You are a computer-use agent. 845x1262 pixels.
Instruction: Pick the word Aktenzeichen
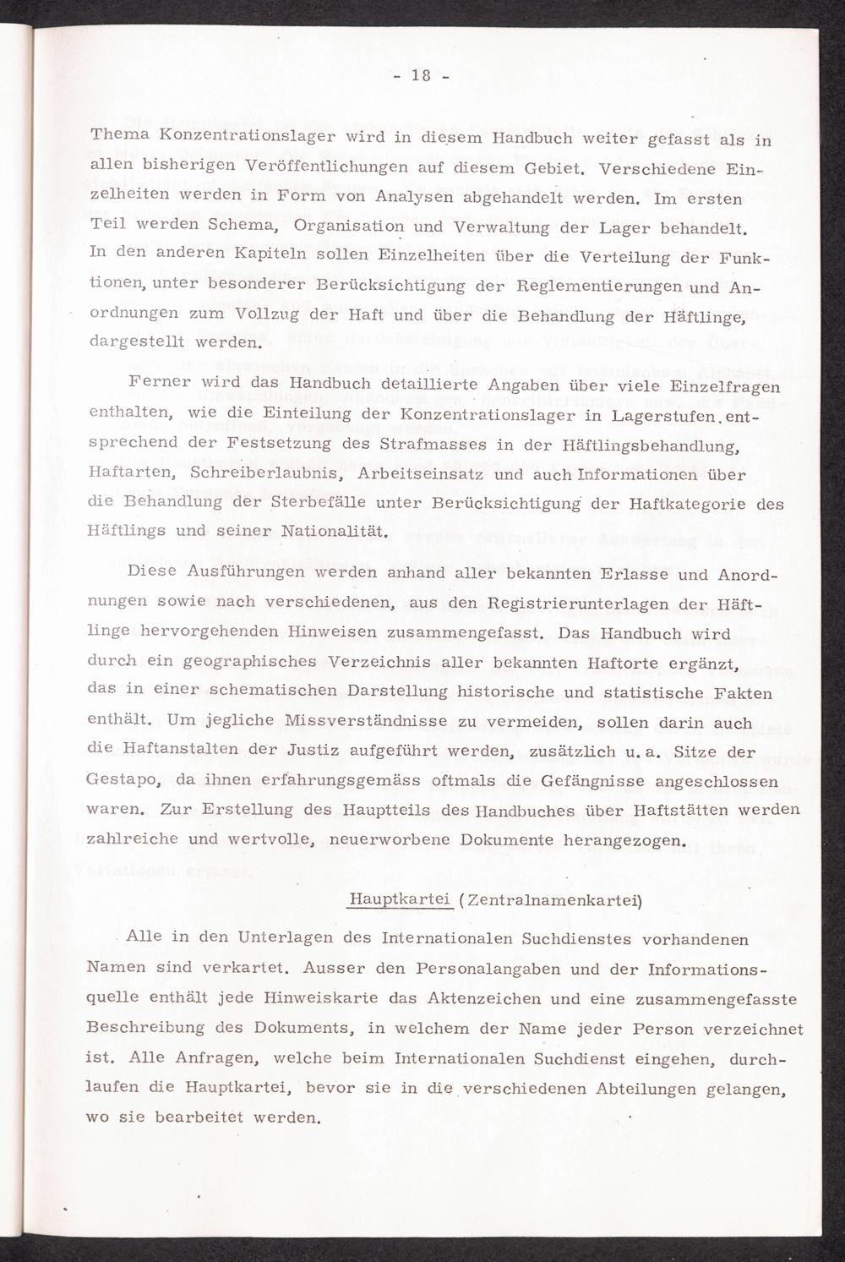click(480, 998)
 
